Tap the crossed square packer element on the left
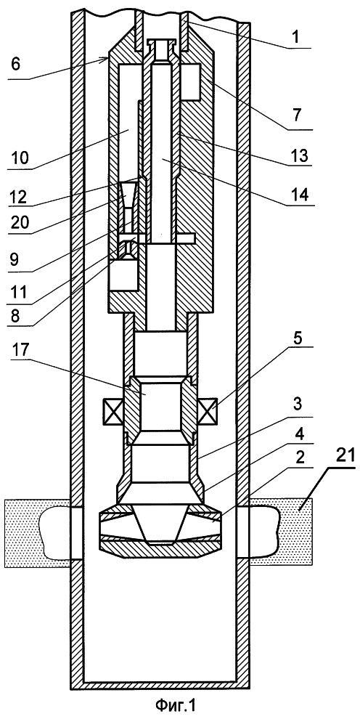click(113, 407)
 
